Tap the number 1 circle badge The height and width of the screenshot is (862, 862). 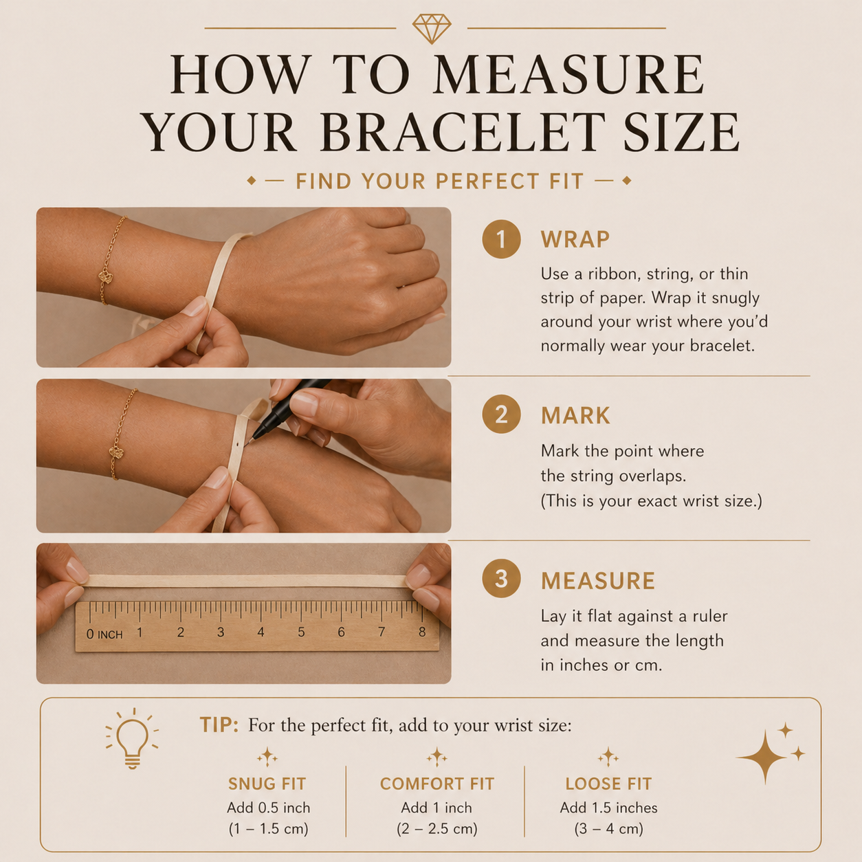pos(501,239)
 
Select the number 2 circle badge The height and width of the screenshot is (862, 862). pos(501,415)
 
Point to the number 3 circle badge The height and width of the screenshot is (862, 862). pos(501,579)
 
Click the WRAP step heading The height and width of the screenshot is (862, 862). pos(575,240)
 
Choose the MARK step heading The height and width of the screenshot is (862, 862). pos(575,416)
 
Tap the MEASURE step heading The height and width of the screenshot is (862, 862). pos(597,581)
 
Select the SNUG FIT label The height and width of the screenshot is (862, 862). pos(267,784)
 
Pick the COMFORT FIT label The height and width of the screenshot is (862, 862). pos(436,784)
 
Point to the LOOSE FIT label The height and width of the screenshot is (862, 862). pos(608,784)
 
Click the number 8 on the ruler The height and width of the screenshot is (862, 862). pos(422,632)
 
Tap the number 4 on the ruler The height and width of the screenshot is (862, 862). pos(261,632)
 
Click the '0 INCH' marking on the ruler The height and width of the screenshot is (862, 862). pos(104,634)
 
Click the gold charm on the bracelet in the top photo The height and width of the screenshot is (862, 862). pos(106,277)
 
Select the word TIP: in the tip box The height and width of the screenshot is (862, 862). pos(219,725)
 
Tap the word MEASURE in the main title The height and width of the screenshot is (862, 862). pos(568,74)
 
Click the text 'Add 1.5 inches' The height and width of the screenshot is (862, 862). pos(608,808)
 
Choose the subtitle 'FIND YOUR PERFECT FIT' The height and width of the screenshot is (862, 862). pos(439,181)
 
